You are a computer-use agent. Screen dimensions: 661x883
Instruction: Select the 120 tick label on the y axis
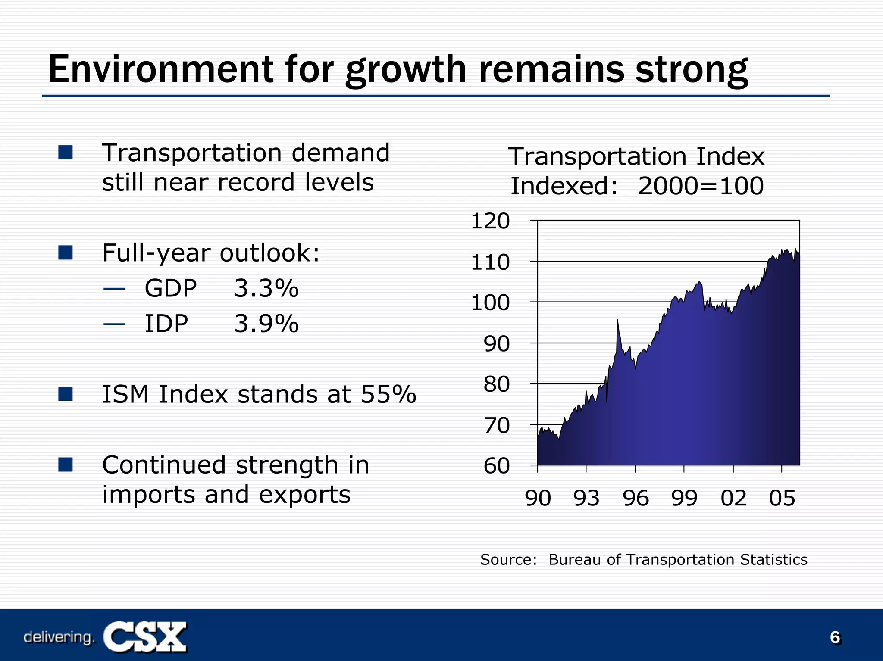490,221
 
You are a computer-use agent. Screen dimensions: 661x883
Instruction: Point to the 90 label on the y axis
496,344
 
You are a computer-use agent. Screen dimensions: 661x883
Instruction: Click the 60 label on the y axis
496,466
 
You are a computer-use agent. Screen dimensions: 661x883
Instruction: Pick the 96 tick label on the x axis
636,498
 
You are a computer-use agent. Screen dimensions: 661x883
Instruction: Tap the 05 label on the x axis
782,498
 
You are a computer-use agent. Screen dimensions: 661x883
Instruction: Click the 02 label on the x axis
733,498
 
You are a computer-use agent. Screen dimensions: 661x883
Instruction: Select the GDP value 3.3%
266,288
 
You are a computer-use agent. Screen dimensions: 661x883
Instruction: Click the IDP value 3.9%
266,324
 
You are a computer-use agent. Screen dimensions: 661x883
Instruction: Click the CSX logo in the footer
145,637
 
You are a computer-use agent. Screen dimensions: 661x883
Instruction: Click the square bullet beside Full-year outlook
66,253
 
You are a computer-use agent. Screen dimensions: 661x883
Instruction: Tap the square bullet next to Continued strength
66,465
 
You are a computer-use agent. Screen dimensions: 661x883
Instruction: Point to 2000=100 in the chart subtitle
701,186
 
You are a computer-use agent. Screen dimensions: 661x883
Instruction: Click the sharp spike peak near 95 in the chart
617,321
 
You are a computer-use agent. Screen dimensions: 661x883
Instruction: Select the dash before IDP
114,324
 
